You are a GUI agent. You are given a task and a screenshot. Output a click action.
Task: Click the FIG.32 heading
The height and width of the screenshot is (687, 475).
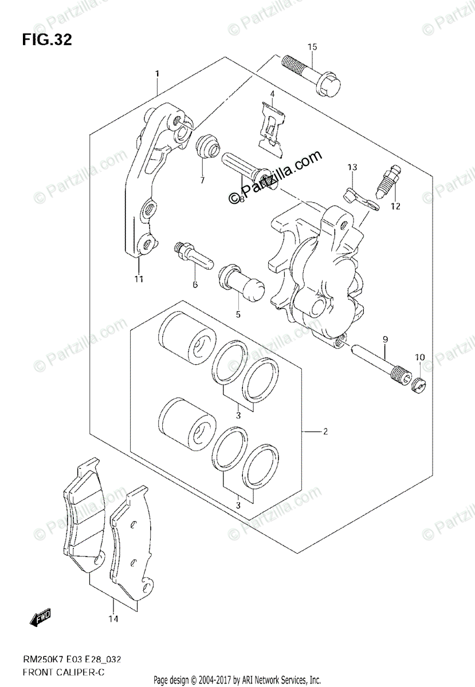click(47, 40)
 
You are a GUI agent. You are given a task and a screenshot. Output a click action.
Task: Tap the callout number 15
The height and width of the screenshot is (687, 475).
click(312, 46)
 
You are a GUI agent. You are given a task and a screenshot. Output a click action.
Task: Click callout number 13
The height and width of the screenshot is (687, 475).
click(352, 167)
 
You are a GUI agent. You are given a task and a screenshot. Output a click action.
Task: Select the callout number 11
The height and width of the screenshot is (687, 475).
click(139, 279)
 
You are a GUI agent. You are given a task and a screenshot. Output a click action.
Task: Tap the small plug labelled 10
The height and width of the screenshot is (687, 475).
click(418, 386)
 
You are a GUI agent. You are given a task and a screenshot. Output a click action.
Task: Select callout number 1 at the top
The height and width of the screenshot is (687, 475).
click(156, 73)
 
